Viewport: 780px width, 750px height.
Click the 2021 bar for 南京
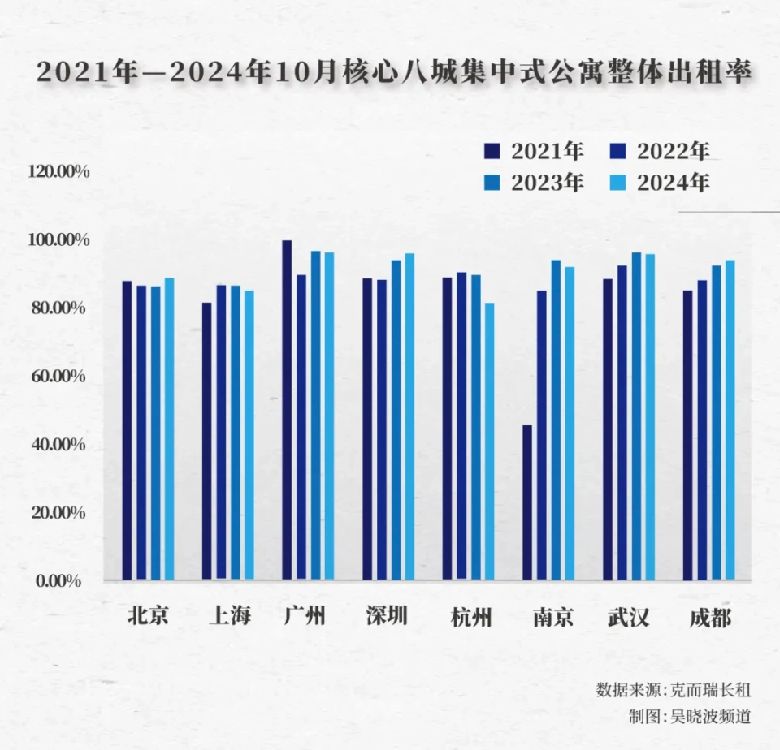527,502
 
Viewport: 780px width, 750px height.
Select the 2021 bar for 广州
287,410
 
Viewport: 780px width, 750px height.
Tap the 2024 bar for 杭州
488,442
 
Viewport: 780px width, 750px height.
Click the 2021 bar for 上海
207,442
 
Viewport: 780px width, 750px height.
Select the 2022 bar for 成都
702,430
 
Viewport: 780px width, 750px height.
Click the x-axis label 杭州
471,618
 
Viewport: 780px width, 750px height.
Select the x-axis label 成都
709,618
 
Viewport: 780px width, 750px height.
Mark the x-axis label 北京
148,618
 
